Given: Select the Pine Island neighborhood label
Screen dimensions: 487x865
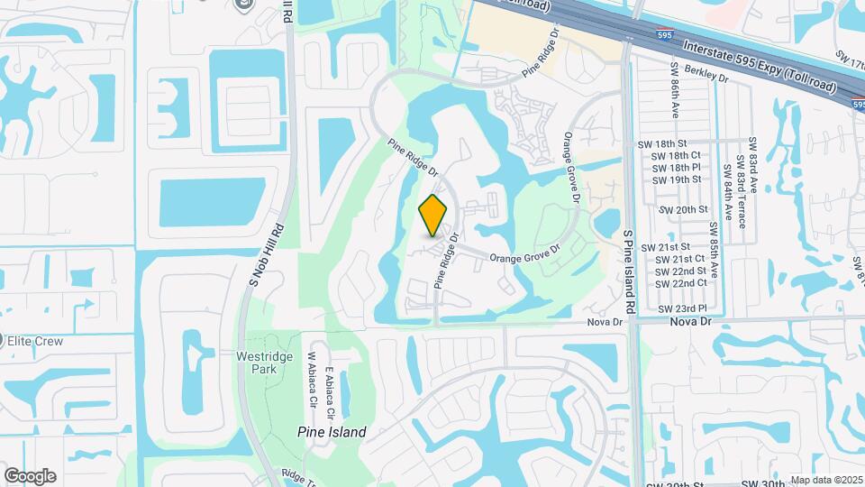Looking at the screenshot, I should (332, 432).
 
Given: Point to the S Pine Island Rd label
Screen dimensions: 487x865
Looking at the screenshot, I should (630, 271).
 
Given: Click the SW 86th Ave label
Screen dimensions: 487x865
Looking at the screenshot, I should (674, 90).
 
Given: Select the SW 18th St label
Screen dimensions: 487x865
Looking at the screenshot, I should (668, 143).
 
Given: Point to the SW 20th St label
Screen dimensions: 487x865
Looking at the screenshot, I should (684, 210).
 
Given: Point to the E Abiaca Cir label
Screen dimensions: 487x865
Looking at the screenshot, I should (331, 394).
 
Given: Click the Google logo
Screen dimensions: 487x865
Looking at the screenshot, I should (30, 476).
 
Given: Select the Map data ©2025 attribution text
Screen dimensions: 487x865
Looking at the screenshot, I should (826, 481).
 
